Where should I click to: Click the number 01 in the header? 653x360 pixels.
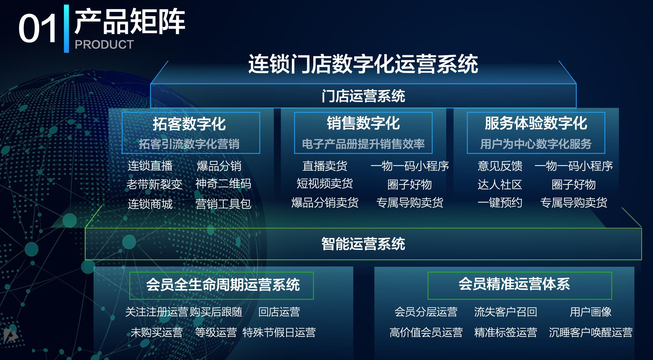[x=37, y=29]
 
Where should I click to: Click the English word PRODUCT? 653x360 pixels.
[x=104, y=45]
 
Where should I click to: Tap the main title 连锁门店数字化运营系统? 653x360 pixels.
[x=363, y=64]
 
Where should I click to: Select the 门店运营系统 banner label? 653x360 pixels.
[x=363, y=96]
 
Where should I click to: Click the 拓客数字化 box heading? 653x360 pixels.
[x=189, y=124]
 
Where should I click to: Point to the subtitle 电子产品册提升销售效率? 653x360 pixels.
[x=363, y=144]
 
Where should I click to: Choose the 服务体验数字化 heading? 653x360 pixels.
[x=536, y=123]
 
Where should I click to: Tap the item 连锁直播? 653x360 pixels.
[x=150, y=166]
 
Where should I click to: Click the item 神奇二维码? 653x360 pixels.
[x=223, y=184]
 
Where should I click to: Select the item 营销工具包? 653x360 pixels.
[x=223, y=204]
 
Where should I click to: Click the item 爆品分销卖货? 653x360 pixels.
[x=325, y=203]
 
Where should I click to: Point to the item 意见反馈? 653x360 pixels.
[x=500, y=166]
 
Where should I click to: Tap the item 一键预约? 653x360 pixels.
[x=500, y=203]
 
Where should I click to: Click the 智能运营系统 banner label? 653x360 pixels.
[x=363, y=244]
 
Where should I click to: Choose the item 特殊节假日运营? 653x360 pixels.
[x=279, y=333]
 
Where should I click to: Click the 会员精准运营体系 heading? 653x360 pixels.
[x=514, y=284]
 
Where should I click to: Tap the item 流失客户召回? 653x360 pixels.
[x=506, y=312]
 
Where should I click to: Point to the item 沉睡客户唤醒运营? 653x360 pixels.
[x=591, y=333]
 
